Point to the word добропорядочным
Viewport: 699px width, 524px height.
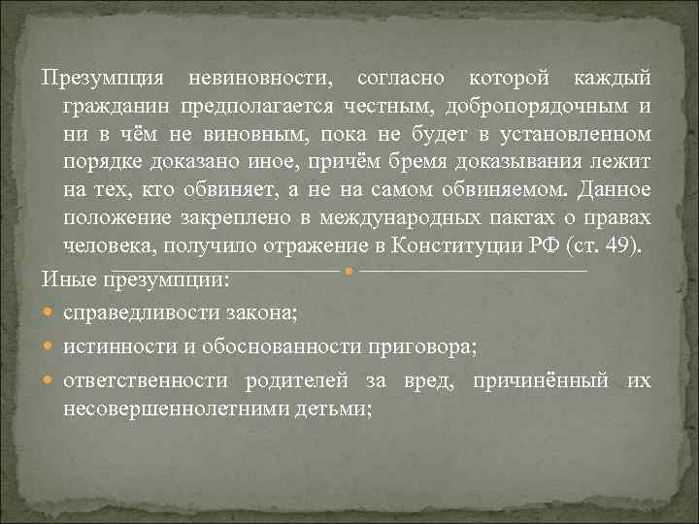click(547, 105)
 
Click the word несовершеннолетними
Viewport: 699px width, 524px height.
click(162, 408)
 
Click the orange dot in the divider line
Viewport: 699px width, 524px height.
click(349, 271)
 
